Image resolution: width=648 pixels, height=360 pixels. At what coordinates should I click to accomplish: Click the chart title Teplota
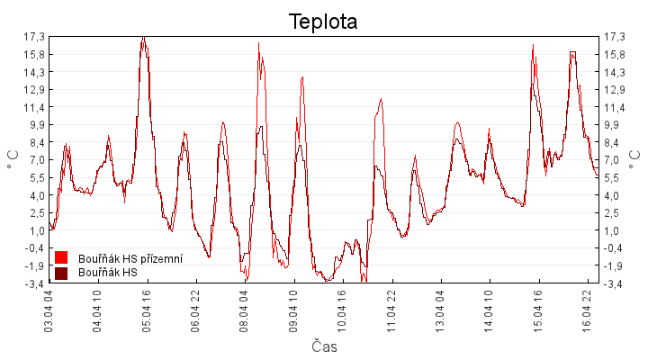pyautogui.click(x=323, y=22)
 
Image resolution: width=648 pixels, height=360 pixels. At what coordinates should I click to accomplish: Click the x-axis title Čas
pyautogui.click(x=324, y=346)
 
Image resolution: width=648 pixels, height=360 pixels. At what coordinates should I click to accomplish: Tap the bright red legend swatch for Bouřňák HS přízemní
pyautogui.click(x=61, y=257)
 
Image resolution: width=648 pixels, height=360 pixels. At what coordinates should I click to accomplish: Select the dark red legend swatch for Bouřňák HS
pyautogui.click(x=61, y=273)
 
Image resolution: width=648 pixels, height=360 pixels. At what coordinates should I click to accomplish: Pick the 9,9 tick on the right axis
pyautogui.click(x=615, y=125)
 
